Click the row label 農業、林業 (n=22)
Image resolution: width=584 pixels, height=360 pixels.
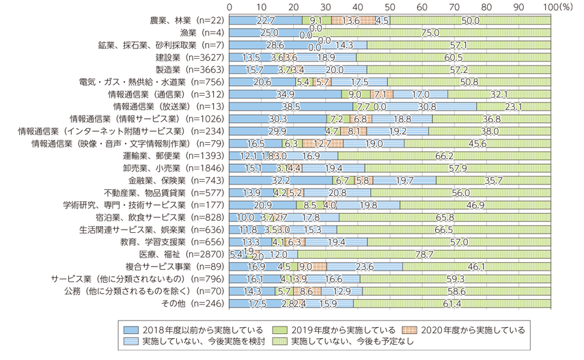[x=186, y=20]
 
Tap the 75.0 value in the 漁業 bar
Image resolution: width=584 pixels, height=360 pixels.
[x=430, y=32]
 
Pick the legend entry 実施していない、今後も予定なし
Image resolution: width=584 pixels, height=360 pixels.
[x=363, y=341]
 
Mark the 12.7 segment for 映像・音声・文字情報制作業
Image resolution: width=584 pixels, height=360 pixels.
[x=322, y=143]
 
